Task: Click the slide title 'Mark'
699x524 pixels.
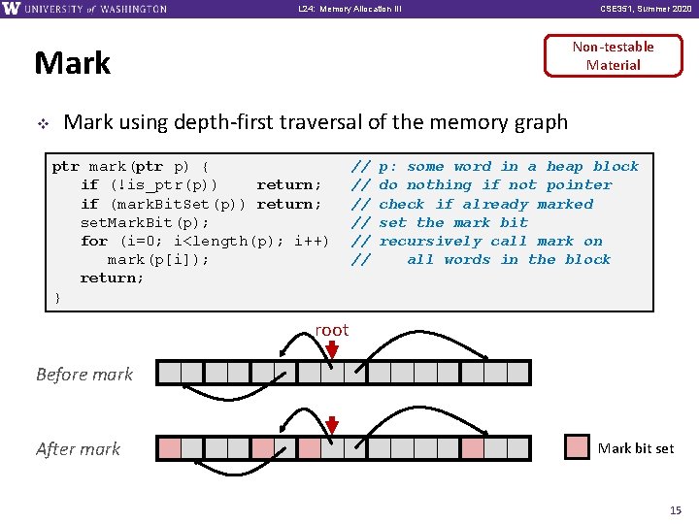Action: (72, 63)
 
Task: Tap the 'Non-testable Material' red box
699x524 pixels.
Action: (613, 55)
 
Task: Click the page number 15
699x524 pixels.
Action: (676, 510)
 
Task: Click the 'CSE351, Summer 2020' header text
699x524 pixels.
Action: (646, 9)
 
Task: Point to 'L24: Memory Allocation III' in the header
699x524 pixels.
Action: (350, 9)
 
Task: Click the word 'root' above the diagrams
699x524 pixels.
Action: (331, 330)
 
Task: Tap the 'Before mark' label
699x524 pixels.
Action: (84, 374)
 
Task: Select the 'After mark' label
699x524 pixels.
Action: (79, 448)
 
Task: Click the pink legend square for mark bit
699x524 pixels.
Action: (577, 447)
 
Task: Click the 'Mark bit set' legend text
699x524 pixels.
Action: (636, 448)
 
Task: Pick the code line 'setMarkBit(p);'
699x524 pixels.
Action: (145, 222)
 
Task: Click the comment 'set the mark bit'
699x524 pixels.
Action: (453, 222)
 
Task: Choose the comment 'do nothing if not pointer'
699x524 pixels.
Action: (495, 184)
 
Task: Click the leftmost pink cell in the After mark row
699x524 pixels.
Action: (169, 448)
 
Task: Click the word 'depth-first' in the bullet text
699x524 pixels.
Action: (227, 122)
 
